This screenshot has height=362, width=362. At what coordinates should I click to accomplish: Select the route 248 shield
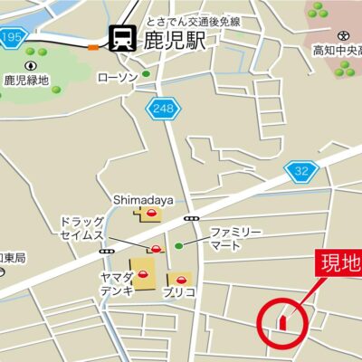tap(163, 109)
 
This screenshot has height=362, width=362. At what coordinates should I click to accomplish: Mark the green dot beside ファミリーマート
tap(178, 244)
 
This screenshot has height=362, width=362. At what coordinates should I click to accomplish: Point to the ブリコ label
tap(180, 294)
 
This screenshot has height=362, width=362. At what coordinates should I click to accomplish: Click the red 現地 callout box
tap(339, 263)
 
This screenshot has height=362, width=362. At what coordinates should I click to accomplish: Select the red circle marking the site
tap(281, 320)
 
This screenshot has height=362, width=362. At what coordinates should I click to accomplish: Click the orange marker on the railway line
tap(93, 47)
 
